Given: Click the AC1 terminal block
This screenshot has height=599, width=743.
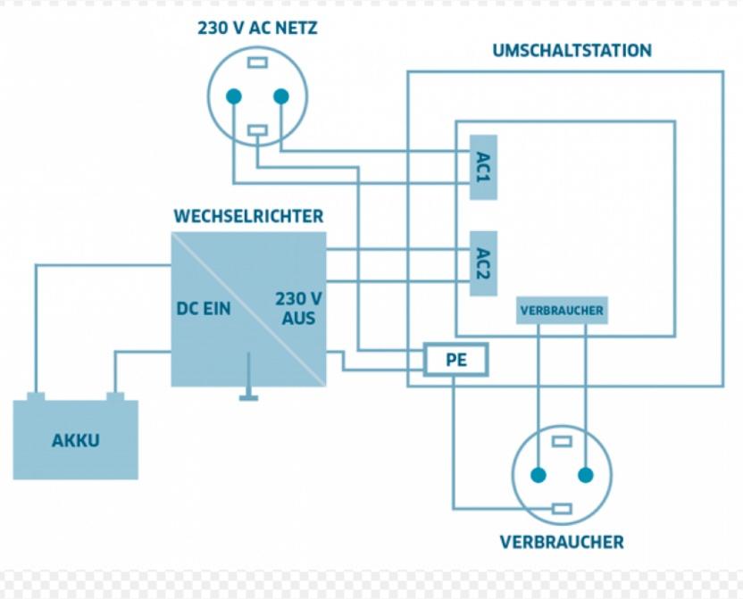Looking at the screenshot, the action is (483, 167).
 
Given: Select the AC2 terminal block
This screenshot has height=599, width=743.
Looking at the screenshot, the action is (483, 263).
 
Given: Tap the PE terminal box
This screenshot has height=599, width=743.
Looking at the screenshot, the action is (455, 360).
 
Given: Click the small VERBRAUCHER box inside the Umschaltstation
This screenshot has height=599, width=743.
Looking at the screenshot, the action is (562, 311).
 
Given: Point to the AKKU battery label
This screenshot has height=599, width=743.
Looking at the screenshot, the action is (76, 440).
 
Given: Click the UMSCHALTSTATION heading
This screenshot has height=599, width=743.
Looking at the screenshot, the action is (572, 50).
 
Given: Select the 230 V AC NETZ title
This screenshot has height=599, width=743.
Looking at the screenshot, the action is (257, 28).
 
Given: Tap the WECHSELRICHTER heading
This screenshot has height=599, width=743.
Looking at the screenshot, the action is (249, 216).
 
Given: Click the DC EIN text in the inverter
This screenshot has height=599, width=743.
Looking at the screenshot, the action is (204, 309).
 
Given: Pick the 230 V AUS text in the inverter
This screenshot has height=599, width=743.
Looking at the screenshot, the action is (298, 308).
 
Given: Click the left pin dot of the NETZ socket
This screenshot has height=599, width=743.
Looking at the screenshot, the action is (234, 96).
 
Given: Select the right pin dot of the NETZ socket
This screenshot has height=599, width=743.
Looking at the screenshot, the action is (281, 96).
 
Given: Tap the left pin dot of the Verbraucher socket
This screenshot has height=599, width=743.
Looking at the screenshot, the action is (538, 475).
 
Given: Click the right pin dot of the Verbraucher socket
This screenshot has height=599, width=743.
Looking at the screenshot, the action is (586, 475).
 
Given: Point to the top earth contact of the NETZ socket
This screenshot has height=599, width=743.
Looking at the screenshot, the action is (258, 62).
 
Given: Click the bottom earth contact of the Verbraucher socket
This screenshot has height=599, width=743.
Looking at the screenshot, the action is (562, 509).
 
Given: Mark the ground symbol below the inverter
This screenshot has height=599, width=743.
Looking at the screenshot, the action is (249, 377).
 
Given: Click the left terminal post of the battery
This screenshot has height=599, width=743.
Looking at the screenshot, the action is (36, 397).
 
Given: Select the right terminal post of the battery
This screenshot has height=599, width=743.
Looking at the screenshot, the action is (115, 397).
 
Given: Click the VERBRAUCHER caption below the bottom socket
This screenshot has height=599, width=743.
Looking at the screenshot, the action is (562, 542).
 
